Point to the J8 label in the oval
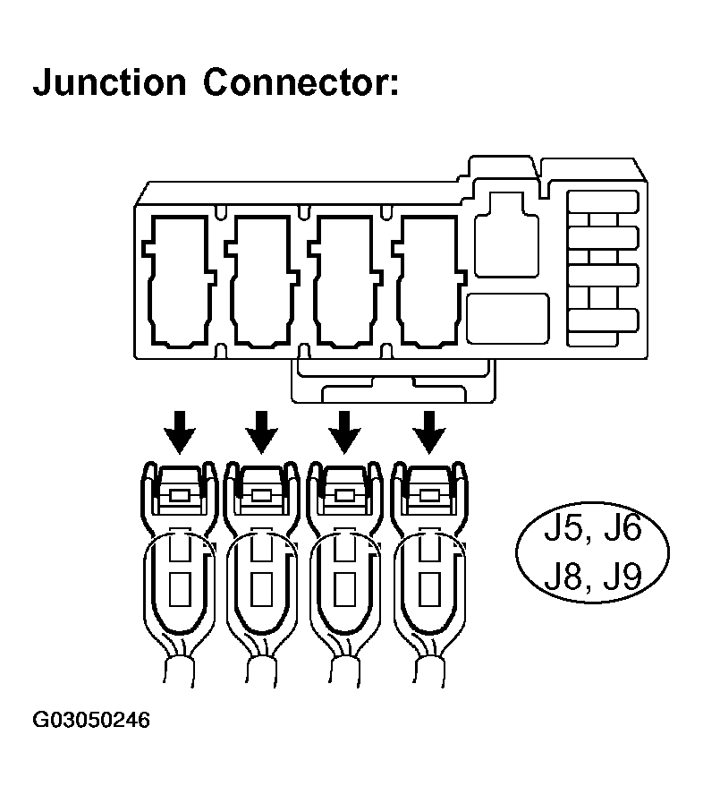click(566, 575)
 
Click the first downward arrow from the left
click(180, 432)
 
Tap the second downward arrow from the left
click(262, 432)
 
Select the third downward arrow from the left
click(344, 432)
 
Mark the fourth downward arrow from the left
click(430, 432)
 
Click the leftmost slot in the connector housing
click(180, 279)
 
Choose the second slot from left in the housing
click(262, 279)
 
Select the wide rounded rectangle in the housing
click(508, 315)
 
